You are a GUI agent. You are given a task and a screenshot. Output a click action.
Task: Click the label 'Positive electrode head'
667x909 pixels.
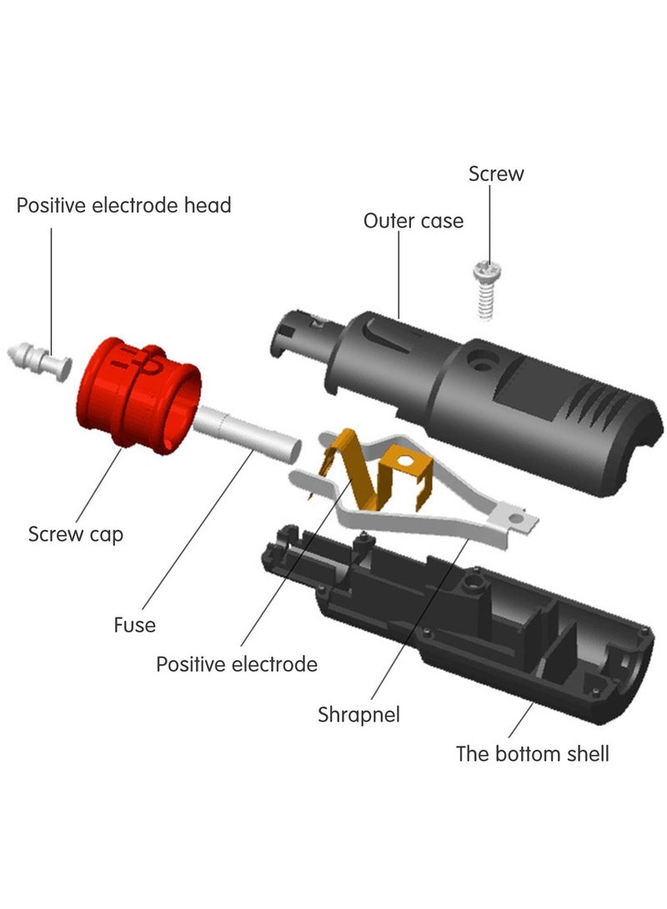pos(123,205)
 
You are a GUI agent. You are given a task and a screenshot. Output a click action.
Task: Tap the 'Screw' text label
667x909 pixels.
pos(496,173)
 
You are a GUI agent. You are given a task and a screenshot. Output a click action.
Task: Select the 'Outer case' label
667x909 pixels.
pos(414,221)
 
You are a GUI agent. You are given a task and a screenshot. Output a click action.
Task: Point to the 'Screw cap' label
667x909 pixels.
pos(75,535)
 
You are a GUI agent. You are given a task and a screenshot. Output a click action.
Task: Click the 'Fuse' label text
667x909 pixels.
pos(134,625)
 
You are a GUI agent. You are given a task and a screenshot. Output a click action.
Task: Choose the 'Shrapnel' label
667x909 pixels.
pos(359,714)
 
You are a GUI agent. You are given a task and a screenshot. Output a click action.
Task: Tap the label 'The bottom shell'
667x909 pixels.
pos(533,754)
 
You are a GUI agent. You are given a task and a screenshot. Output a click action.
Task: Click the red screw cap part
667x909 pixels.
pos(138,395)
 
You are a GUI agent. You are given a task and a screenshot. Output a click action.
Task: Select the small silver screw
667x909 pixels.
pos(486,289)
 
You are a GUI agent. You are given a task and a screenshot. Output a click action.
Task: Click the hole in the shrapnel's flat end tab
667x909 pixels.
pos(515,517)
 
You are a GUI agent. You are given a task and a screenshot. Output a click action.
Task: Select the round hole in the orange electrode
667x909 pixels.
pos(405,462)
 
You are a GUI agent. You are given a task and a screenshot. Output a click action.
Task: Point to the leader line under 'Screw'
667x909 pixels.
pos(489,226)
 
